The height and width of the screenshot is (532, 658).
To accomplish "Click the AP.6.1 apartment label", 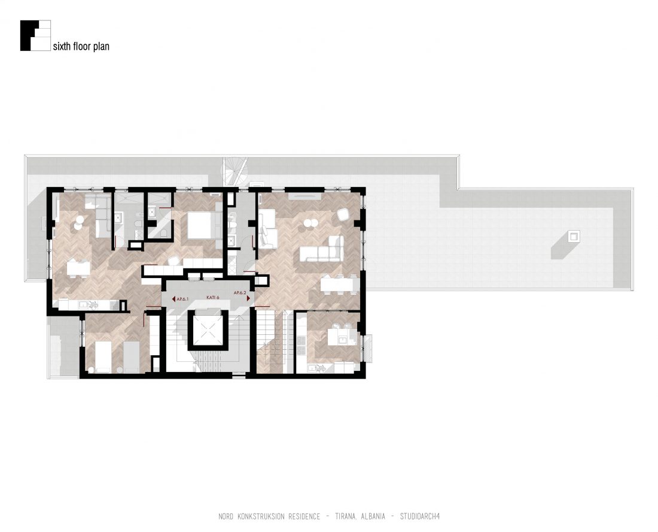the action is point(184,299).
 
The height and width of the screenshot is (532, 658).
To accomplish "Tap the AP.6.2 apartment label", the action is point(240,293).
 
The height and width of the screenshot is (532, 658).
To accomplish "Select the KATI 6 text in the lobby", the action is point(213,297).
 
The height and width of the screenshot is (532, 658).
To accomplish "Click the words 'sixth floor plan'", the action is point(81,46).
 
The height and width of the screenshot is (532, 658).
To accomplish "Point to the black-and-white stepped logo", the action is point(35,36).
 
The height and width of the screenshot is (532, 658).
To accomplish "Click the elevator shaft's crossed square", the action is point(208,330).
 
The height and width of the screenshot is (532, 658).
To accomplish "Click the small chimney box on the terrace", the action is point(574,236).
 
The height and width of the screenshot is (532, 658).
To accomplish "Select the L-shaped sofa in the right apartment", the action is point(322,250).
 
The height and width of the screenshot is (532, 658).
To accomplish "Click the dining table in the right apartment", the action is point(340,283).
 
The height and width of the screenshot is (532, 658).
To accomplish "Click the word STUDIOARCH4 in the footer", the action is point(420,516).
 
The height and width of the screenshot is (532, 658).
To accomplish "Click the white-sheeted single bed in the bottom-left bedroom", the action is point(102,356).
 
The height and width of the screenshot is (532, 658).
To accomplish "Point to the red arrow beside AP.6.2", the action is point(248,298).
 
